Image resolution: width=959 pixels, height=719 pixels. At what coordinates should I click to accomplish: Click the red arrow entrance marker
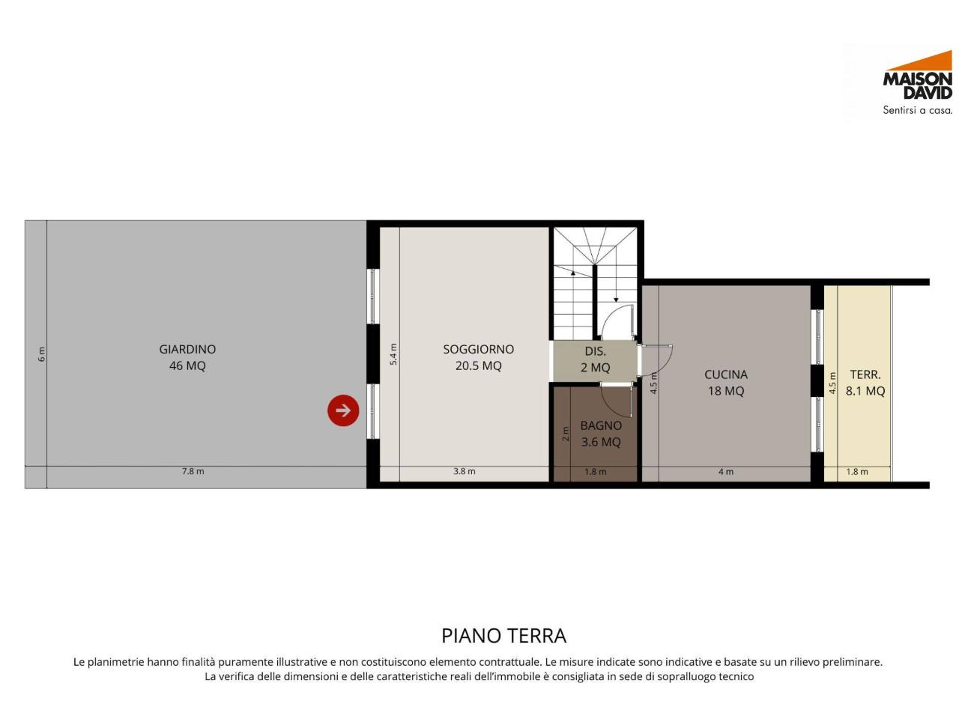pyautogui.click(x=343, y=410)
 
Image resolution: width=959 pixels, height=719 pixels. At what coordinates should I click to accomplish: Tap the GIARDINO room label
pyautogui.click(x=187, y=349)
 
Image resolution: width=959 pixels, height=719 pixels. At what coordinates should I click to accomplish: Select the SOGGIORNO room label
pyautogui.click(x=478, y=349)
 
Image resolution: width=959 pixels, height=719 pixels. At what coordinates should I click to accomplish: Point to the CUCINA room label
pyautogui.click(x=725, y=374)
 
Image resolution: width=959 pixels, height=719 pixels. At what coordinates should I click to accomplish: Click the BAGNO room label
pyautogui.click(x=601, y=425)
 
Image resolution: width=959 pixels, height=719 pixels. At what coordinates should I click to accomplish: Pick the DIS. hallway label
pyautogui.click(x=595, y=351)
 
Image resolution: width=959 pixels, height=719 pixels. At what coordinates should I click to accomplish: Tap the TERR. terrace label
pyautogui.click(x=865, y=374)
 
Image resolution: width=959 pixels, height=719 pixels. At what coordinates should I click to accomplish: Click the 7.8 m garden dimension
pyautogui.click(x=193, y=471)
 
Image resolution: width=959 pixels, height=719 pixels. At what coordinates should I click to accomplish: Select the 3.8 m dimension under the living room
pyautogui.click(x=464, y=471)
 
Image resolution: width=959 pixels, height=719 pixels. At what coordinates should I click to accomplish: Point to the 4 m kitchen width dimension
pyautogui.click(x=725, y=472)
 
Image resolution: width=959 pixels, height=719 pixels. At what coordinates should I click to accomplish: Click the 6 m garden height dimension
pyautogui.click(x=42, y=354)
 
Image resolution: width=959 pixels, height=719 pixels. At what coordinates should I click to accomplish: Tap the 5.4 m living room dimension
pyautogui.click(x=393, y=354)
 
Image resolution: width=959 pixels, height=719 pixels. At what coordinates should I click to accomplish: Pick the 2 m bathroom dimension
pyautogui.click(x=566, y=434)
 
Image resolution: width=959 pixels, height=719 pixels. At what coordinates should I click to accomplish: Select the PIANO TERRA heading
pyautogui.click(x=503, y=636)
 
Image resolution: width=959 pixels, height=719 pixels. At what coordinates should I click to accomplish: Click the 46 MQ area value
pyautogui.click(x=187, y=365)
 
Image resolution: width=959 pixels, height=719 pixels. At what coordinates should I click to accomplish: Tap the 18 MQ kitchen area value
pyautogui.click(x=725, y=391)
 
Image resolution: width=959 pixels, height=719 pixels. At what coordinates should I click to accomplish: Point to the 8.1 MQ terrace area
pyautogui.click(x=865, y=391)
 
